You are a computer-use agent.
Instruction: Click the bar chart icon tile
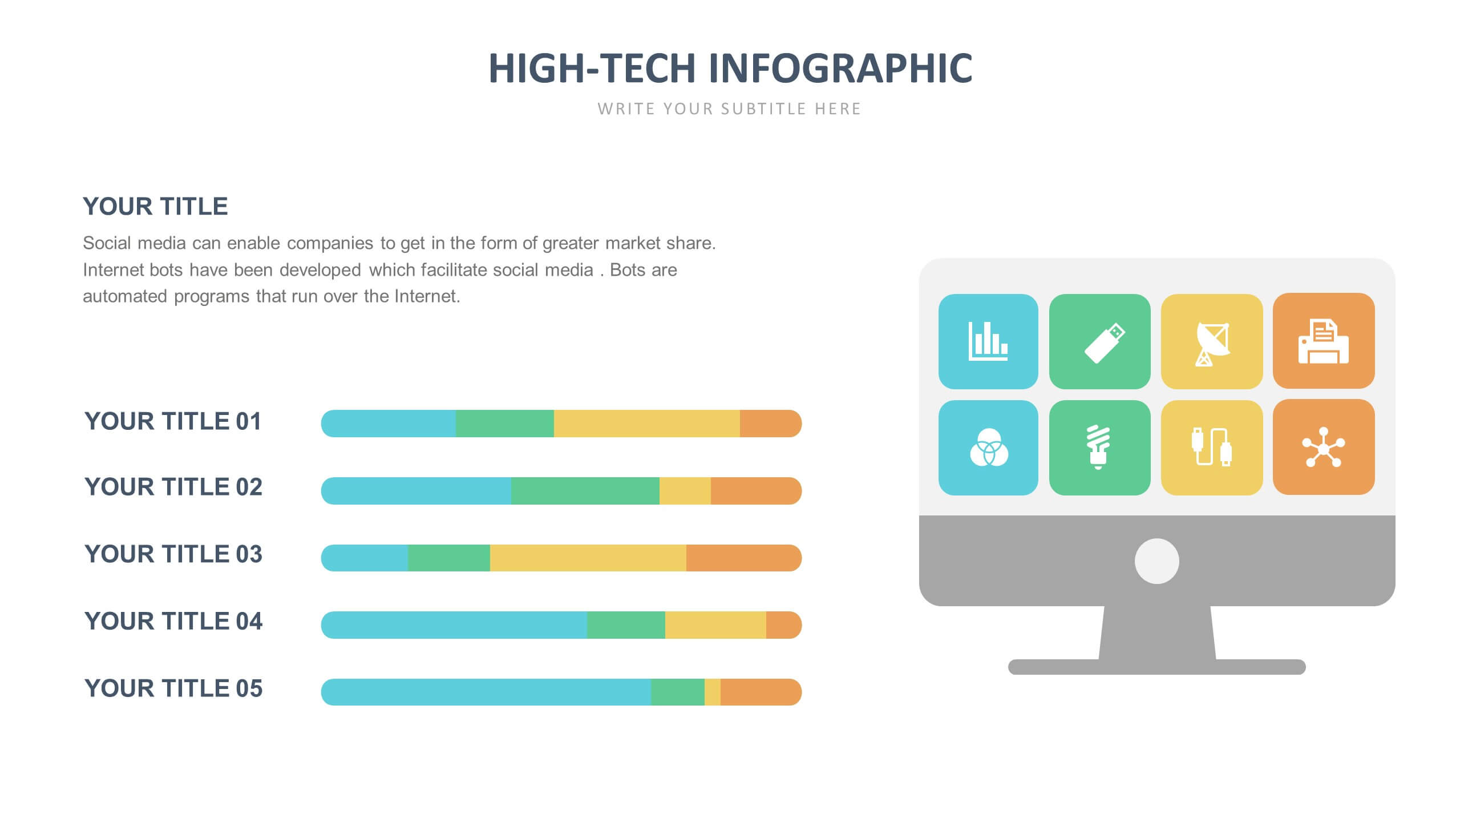(x=988, y=341)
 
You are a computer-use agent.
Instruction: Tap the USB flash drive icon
(x=1099, y=341)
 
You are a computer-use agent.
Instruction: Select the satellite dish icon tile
(x=1211, y=341)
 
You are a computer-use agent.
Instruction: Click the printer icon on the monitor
(x=1323, y=341)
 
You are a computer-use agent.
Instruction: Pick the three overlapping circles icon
(x=988, y=448)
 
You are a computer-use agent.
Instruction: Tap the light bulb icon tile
(x=1099, y=448)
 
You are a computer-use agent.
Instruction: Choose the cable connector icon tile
(x=1211, y=448)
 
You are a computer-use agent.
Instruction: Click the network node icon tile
(x=1323, y=447)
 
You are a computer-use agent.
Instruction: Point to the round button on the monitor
(x=1156, y=561)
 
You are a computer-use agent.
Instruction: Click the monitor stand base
(x=1156, y=667)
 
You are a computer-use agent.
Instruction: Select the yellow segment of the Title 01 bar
(x=646, y=424)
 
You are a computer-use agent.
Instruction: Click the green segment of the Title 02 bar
(x=585, y=491)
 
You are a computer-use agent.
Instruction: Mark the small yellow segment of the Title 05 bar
(x=712, y=692)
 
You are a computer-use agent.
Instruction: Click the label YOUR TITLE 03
(x=173, y=554)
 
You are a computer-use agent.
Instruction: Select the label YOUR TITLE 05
(x=173, y=688)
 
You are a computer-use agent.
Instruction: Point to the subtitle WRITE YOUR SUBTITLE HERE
(x=729, y=109)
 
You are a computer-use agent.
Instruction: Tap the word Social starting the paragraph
(x=106, y=243)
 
